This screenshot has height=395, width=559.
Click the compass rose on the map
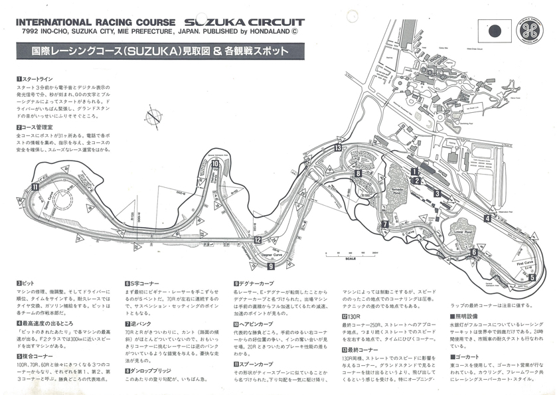(153, 116)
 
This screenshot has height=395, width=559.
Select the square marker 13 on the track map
(338, 148)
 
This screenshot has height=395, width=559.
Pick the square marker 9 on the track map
(271, 266)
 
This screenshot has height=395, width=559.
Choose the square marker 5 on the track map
(532, 277)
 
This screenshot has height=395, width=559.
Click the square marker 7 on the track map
(384, 224)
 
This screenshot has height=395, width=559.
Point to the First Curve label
(524, 263)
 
